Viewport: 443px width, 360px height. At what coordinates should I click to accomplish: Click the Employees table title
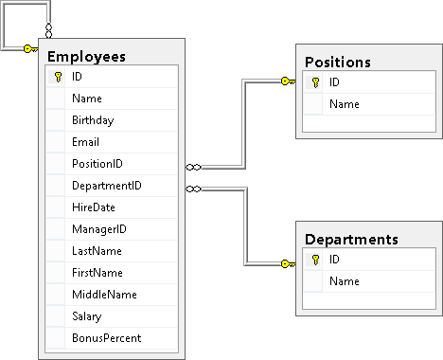click(86, 57)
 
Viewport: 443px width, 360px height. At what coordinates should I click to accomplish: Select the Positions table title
click(337, 62)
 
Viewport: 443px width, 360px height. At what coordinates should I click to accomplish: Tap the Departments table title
click(350, 239)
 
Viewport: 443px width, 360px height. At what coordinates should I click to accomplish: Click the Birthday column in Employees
click(92, 120)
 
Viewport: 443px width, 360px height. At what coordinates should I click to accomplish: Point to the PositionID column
click(97, 164)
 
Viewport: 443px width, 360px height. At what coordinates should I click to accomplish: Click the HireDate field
click(93, 207)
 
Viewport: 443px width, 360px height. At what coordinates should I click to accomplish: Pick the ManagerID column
click(98, 229)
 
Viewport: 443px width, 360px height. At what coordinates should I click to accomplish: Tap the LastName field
click(94, 251)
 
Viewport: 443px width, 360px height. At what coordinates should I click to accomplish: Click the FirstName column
click(95, 273)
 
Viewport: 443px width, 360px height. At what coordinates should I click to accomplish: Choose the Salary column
click(86, 316)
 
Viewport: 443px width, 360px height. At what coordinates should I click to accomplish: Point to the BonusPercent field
click(106, 338)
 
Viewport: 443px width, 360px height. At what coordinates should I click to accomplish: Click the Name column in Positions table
click(344, 104)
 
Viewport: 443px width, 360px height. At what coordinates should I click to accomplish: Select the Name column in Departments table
click(344, 281)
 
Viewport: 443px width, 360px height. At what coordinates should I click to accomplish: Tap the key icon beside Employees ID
click(57, 78)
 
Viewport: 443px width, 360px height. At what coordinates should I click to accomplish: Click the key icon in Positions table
click(314, 82)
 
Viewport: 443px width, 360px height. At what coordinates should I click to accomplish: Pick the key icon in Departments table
click(314, 260)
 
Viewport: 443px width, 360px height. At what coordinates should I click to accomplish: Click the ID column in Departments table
click(335, 260)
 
